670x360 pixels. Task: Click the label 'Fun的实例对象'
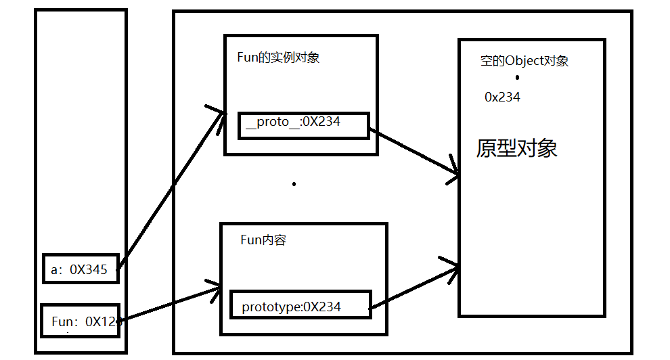(x=278, y=58)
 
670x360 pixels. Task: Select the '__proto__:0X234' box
(x=304, y=126)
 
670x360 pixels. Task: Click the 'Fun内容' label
(x=263, y=240)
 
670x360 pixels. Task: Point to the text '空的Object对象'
(x=524, y=61)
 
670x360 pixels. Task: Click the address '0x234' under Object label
(x=502, y=97)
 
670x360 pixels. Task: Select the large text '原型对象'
(x=517, y=149)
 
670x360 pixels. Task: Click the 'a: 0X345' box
(x=81, y=269)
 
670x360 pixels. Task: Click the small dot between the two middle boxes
(x=294, y=183)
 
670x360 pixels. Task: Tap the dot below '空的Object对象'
(x=517, y=78)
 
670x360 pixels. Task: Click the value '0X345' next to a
(x=89, y=270)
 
